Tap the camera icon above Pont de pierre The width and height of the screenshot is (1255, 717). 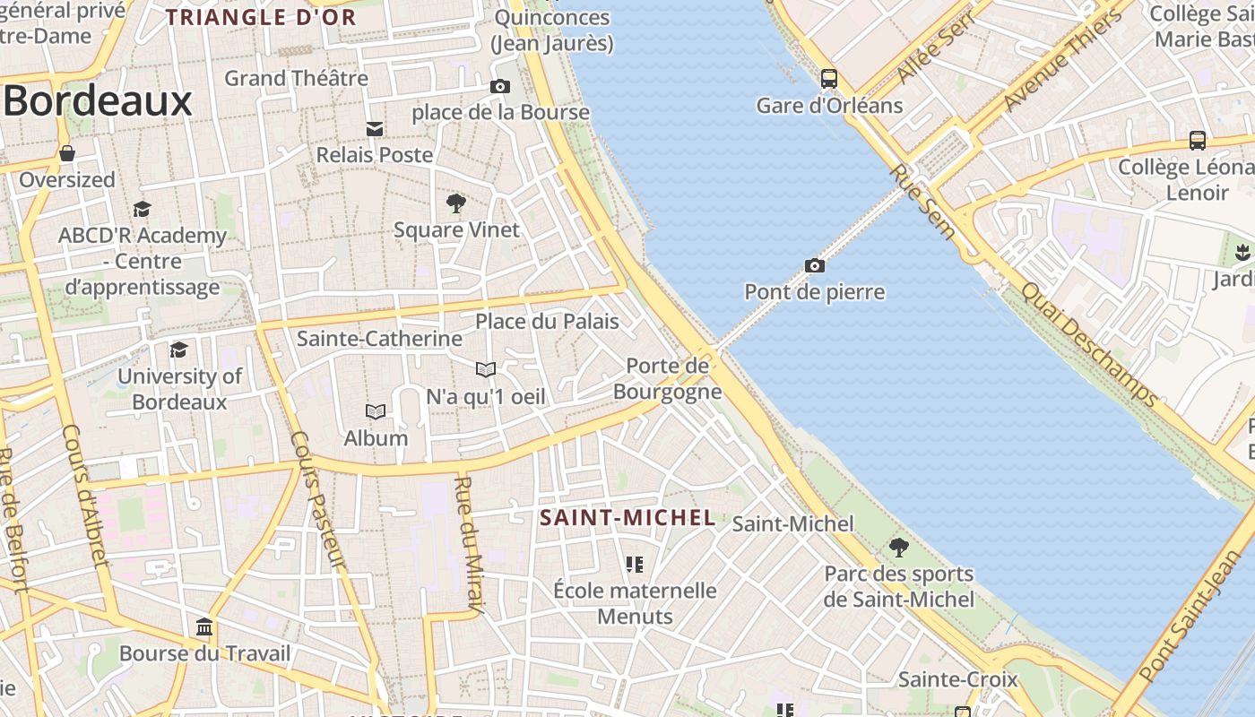814,265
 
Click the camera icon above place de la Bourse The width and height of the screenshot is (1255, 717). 500,87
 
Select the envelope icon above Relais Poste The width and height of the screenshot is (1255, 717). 375,129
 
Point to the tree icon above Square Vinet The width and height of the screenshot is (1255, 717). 456,203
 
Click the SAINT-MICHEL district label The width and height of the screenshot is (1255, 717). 627,517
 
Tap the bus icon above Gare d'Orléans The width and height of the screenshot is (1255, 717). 829,79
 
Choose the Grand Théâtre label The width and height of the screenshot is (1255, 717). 296,78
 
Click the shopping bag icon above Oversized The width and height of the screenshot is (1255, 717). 67,153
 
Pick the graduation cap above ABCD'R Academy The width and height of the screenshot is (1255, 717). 142,210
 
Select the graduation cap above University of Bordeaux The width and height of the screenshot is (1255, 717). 179,350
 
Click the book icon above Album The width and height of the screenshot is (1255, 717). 376,411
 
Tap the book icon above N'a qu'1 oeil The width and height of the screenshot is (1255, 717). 485,369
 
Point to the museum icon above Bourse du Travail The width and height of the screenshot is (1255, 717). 204,626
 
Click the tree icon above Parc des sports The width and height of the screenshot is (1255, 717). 898,547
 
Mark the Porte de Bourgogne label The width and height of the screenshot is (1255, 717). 667,378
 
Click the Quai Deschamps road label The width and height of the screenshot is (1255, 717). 1088,344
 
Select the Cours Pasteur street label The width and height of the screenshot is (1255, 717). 318,499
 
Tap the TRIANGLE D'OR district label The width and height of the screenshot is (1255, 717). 261,17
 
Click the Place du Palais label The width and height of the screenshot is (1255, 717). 547,321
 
